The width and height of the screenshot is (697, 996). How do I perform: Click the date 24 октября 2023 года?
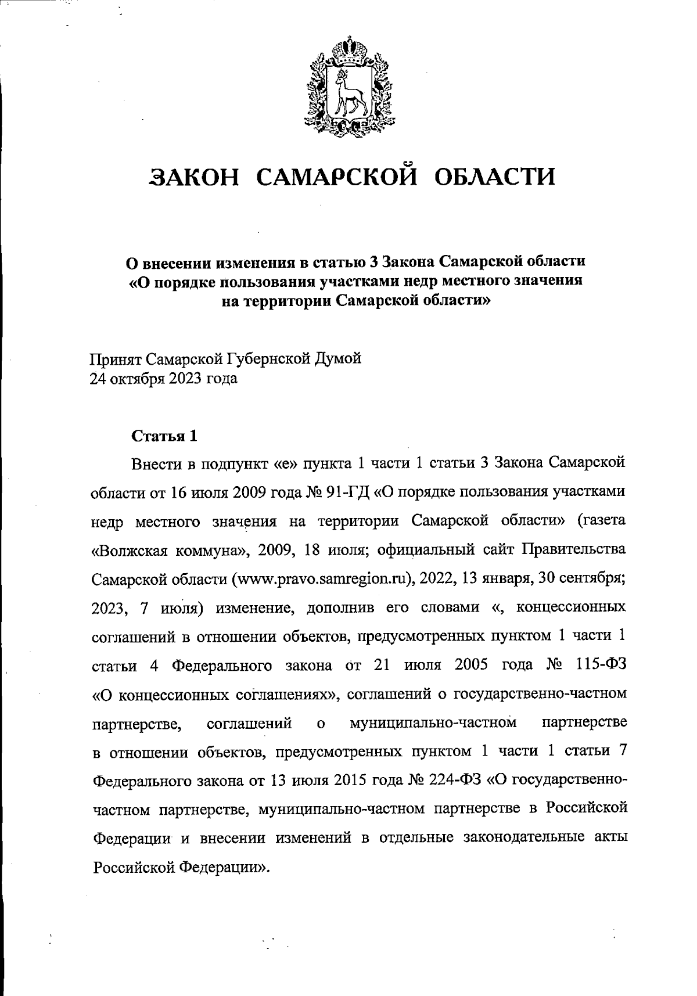click(163, 379)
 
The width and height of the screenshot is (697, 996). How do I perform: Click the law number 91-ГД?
click(347, 492)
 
